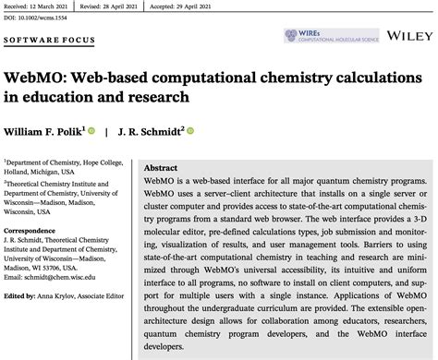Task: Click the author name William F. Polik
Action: point(55,131)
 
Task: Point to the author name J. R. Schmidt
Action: point(154,131)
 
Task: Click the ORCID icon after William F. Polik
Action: point(118,131)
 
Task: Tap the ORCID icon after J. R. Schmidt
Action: point(191,131)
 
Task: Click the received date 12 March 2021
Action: point(59,4)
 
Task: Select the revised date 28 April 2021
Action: point(153,4)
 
